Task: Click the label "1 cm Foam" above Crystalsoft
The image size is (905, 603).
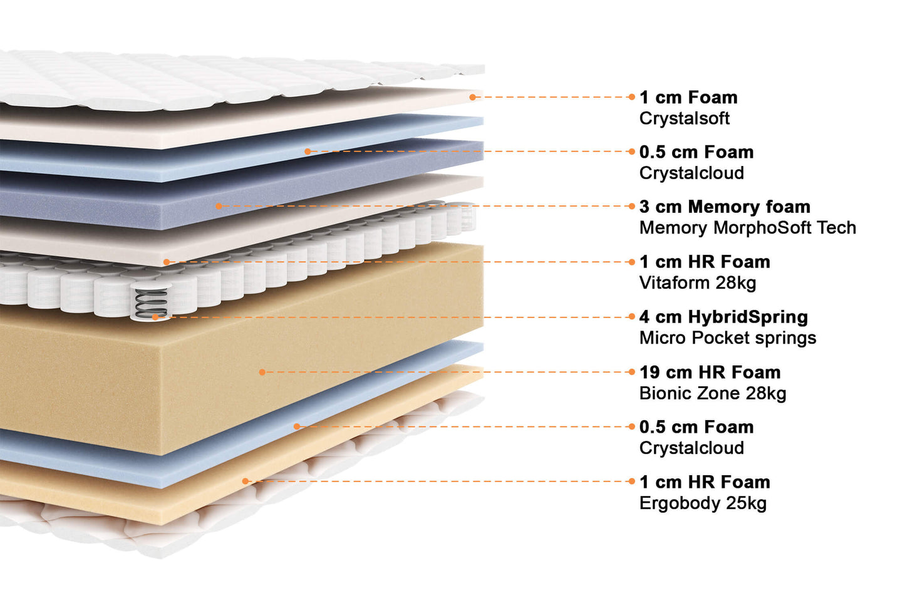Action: [688, 98]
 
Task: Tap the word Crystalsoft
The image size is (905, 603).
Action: [684, 118]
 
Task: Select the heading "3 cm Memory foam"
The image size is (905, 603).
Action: [725, 207]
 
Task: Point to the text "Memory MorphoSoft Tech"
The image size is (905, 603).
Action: [747, 228]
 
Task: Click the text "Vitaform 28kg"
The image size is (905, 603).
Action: [697, 283]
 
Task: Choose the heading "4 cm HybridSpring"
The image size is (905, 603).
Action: [723, 317]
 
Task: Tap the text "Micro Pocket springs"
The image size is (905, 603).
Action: [727, 338]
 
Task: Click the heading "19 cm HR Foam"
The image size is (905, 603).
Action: [710, 373]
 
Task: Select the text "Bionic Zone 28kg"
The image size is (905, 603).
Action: [712, 393]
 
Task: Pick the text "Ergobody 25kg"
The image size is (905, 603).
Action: [703, 503]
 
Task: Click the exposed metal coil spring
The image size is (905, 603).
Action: [151, 302]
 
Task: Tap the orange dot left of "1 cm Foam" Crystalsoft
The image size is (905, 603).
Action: [631, 97]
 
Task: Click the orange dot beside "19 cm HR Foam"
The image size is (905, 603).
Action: [631, 372]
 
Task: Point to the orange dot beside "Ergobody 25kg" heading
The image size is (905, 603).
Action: [631, 482]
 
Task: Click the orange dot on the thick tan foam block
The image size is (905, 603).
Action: [262, 372]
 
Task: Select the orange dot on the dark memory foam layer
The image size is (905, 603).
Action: [219, 206]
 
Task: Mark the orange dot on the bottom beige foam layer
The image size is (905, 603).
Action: [246, 482]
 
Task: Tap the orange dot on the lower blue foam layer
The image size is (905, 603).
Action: [297, 426]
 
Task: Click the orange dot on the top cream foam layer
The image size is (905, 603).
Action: [473, 97]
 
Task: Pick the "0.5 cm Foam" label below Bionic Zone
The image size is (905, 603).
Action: [696, 427]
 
